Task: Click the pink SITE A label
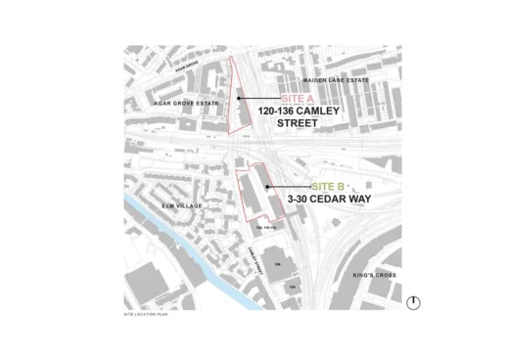click(297, 100)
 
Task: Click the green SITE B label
click(327, 186)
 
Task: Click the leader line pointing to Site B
click(289, 186)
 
